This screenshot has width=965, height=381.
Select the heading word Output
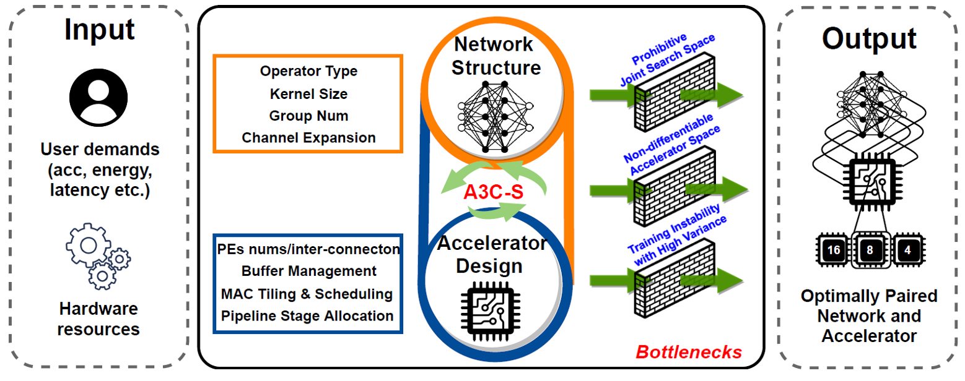pyautogui.click(x=869, y=38)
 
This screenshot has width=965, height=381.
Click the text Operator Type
pyautogui.click(x=308, y=71)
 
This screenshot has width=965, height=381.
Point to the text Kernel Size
pyautogui.click(x=308, y=94)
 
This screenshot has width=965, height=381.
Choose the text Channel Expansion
pyautogui.click(x=308, y=137)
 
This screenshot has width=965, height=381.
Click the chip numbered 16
pyautogui.click(x=833, y=250)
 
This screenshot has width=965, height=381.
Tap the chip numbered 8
pyautogui.click(x=871, y=251)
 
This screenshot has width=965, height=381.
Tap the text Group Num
pyautogui.click(x=308, y=116)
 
